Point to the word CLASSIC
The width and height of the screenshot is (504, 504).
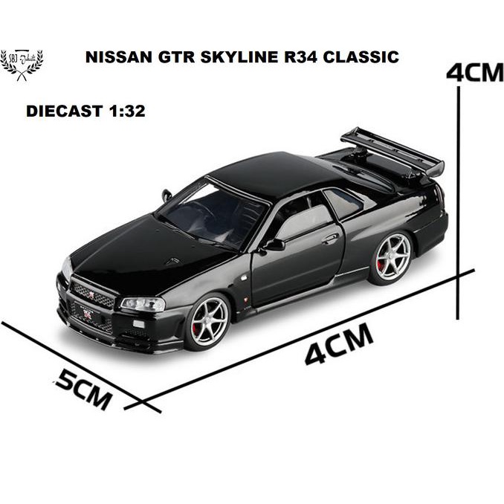[x=365, y=56]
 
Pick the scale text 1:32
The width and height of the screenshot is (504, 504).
[x=123, y=112]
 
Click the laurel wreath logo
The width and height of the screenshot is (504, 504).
[x=22, y=63]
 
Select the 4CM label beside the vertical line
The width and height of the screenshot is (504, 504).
[x=474, y=74]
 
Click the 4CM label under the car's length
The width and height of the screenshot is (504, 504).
[x=339, y=344]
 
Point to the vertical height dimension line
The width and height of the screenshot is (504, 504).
[x=459, y=178]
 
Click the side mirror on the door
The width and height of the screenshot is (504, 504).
[x=274, y=243]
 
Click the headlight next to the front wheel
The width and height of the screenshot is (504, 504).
[x=143, y=303]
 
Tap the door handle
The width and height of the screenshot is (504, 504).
[x=330, y=239]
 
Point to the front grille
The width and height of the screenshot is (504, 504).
[x=93, y=294]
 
